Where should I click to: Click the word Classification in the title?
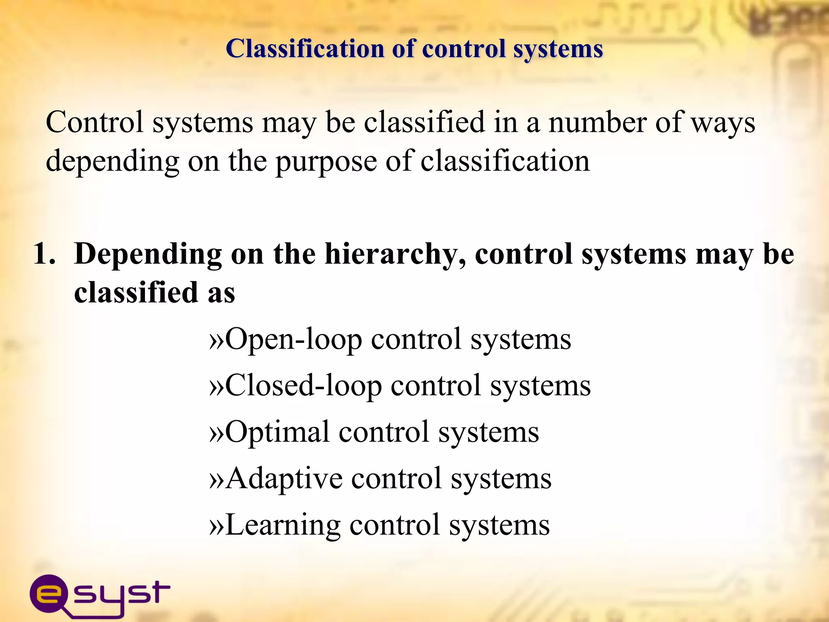304,49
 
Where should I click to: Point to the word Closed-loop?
303,386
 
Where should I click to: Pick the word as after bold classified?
221,292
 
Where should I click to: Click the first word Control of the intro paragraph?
94,122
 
